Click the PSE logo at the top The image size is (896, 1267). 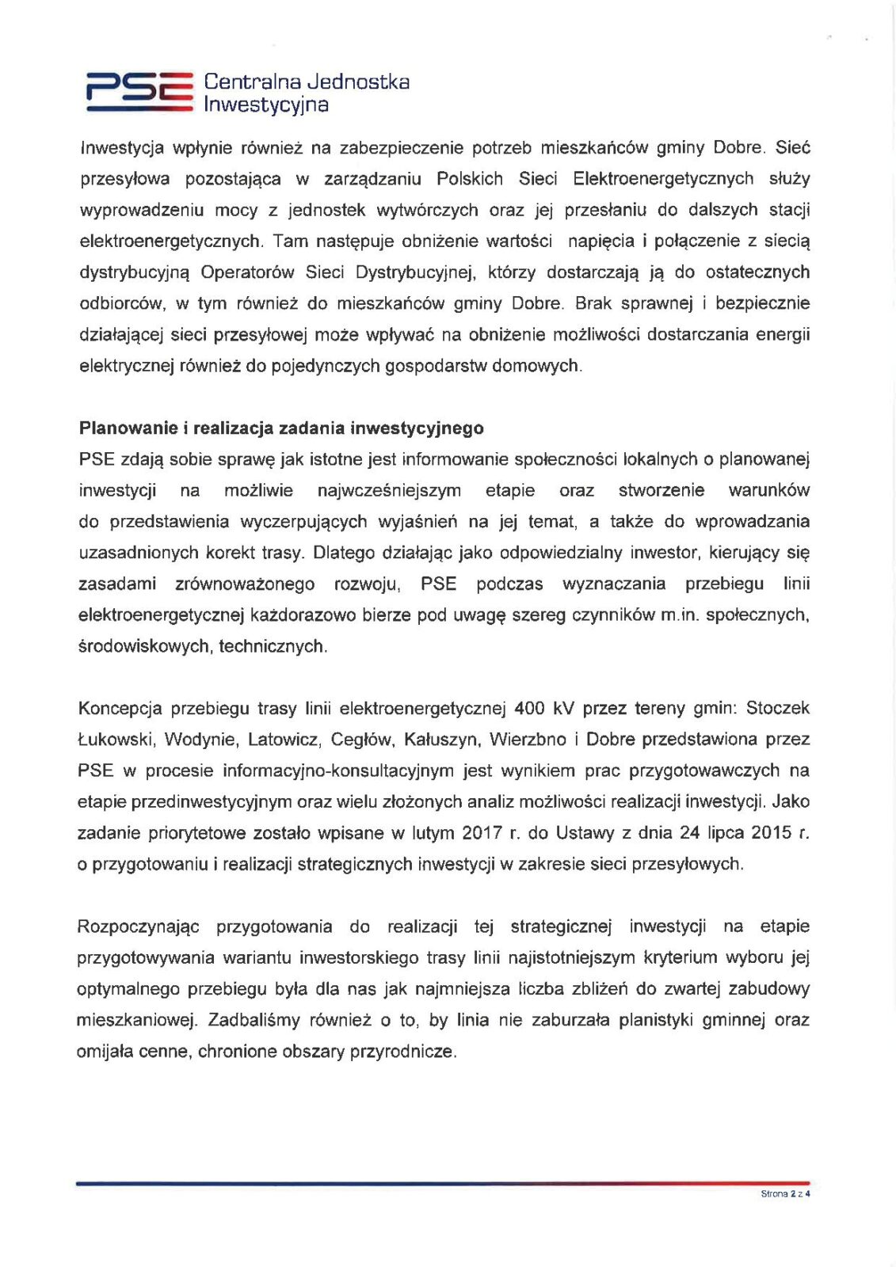(139, 91)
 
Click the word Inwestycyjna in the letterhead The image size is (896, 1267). (266, 105)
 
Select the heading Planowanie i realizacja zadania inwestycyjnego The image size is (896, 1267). (281, 428)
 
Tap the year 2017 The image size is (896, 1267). (481, 833)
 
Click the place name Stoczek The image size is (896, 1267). (778, 708)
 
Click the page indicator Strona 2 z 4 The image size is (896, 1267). (785, 1193)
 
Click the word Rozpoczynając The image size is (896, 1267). (138, 926)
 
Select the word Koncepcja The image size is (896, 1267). (120, 708)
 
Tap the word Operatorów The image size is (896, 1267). (246, 272)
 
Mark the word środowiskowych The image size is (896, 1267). (145, 646)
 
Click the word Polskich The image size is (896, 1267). (470, 179)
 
